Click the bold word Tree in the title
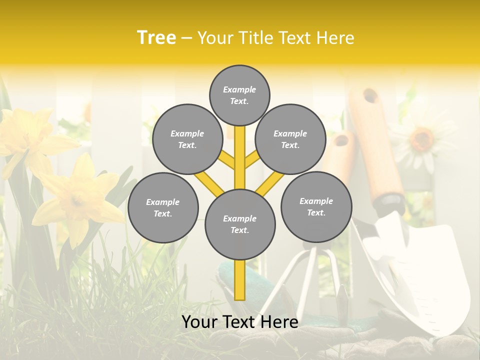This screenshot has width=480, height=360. (156, 37)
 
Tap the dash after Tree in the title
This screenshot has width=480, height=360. (186, 38)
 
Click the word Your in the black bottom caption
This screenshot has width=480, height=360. (198, 322)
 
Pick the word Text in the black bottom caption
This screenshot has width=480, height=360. (238, 322)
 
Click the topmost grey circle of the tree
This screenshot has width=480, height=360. (239, 95)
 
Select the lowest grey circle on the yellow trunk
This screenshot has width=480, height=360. (240, 224)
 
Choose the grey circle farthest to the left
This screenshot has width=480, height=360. (163, 208)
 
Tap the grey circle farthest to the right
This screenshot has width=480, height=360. (316, 206)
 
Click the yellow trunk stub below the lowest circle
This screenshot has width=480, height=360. (240, 280)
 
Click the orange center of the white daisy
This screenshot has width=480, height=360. (422, 138)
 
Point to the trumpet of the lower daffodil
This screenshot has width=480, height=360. (77, 200)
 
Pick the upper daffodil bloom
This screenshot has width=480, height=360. (30, 137)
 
